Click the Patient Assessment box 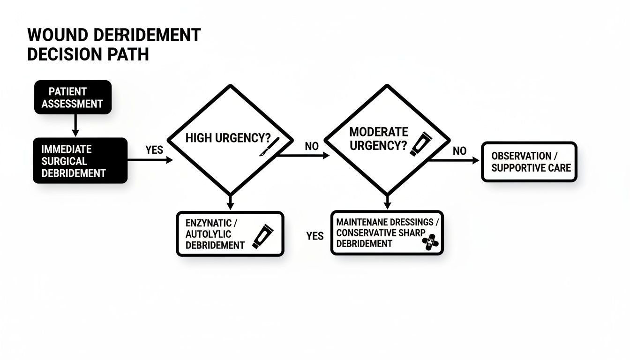click(73, 97)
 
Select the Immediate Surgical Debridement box click(80, 160)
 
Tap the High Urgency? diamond click(230, 139)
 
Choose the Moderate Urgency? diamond click(387, 139)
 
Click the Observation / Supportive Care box click(529, 162)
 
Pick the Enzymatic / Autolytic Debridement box click(230, 233)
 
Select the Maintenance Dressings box click(387, 232)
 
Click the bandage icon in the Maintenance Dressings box click(431, 242)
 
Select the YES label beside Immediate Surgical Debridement click(154, 150)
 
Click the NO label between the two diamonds click(312, 146)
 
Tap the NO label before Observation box click(459, 151)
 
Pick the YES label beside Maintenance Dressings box click(315, 236)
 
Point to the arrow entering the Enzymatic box click(230, 202)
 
